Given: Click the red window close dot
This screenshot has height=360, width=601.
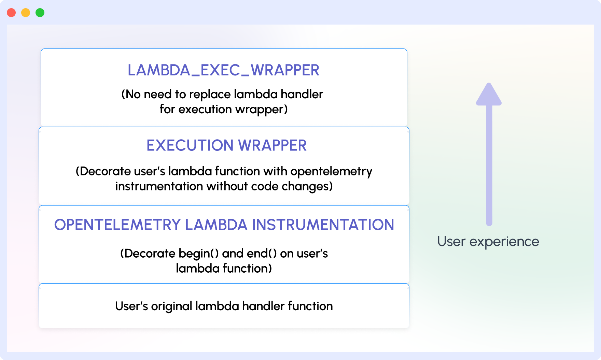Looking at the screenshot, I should [x=11, y=13].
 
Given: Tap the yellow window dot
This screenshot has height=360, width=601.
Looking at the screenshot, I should [x=26, y=13].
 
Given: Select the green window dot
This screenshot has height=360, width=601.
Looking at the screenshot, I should [x=40, y=13].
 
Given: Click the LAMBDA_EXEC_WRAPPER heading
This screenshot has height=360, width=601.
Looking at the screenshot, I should [x=223, y=70].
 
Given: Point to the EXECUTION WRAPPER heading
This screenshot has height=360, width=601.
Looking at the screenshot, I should [x=226, y=145].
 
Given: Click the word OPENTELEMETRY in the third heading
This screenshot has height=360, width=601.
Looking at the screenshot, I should [x=117, y=225].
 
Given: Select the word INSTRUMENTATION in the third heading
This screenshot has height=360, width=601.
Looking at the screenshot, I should [x=323, y=225].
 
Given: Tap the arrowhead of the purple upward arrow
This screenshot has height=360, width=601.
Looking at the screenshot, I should [x=489, y=95].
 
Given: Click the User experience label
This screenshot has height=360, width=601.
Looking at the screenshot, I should [x=488, y=242].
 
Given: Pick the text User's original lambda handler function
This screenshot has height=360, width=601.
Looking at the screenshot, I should [x=224, y=306].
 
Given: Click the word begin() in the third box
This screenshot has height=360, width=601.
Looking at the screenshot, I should [x=198, y=254].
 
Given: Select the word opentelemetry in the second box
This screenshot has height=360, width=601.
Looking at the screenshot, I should [x=331, y=171].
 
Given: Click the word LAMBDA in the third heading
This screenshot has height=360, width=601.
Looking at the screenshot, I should [x=216, y=225].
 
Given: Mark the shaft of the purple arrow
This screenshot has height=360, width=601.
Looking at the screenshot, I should [x=489, y=164].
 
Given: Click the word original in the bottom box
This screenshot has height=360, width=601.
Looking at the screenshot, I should [x=171, y=306].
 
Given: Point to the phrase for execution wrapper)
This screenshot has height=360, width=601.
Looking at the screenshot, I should [x=224, y=109].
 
